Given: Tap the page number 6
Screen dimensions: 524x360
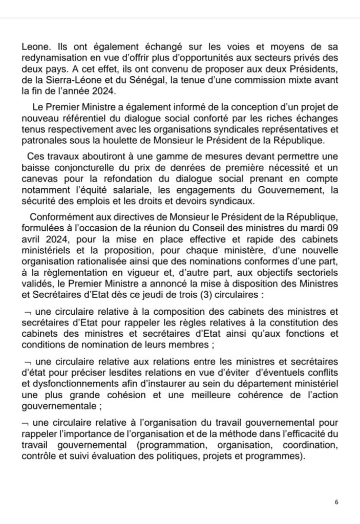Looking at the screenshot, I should pyautogui.click(x=336, y=502).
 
